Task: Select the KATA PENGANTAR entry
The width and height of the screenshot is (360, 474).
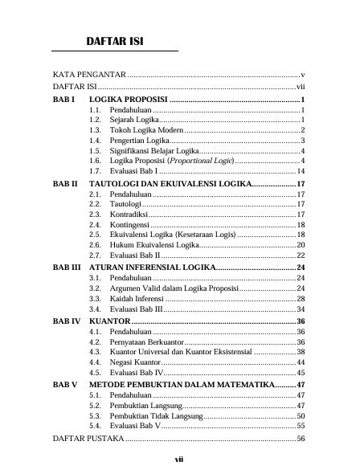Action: point(88,73)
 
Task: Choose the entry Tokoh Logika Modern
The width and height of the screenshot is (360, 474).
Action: point(147,129)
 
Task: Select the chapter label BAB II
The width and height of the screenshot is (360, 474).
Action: point(65,184)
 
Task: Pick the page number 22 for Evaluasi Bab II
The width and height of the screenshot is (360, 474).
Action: point(300,255)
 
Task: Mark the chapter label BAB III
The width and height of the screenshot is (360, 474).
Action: point(67,266)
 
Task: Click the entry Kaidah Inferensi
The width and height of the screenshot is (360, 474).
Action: point(137,298)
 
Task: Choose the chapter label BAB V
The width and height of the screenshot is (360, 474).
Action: point(64,385)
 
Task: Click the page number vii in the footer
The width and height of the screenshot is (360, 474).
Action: point(180,460)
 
